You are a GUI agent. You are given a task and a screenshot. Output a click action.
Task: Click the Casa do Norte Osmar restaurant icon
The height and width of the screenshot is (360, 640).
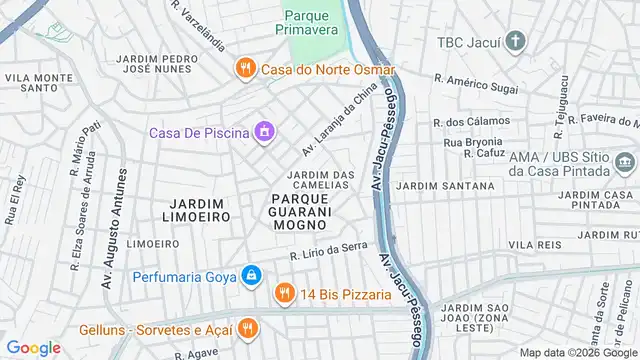pyautogui.click(x=245, y=69)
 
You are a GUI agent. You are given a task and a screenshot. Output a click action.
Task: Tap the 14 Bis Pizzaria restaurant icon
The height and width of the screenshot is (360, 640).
pyautogui.click(x=285, y=294)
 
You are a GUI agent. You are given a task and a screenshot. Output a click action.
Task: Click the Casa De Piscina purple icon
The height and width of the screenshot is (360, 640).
pyautogui.click(x=264, y=131)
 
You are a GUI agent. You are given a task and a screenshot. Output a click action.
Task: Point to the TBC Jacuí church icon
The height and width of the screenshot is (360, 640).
pyautogui.click(x=515, y=42)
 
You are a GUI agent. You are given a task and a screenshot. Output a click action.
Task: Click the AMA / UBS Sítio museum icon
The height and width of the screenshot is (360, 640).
pyautogui.click(x=624, y=162)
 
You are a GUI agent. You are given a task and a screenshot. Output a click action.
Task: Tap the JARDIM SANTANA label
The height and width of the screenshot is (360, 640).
pyautogui.click(x=445, y=186)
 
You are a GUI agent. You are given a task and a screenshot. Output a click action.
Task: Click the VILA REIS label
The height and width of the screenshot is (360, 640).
pyautogui.click(x=535, y=244)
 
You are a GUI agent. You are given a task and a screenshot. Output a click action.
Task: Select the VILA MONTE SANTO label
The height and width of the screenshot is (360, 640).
pyautogui.click(x=39, y=83)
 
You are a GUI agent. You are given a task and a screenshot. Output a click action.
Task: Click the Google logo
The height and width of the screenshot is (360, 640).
pyautogui.click(x=33, y=347)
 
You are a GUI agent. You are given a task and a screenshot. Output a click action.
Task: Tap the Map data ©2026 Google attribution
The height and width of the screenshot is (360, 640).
pyautogui.click(x=577, y=352)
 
